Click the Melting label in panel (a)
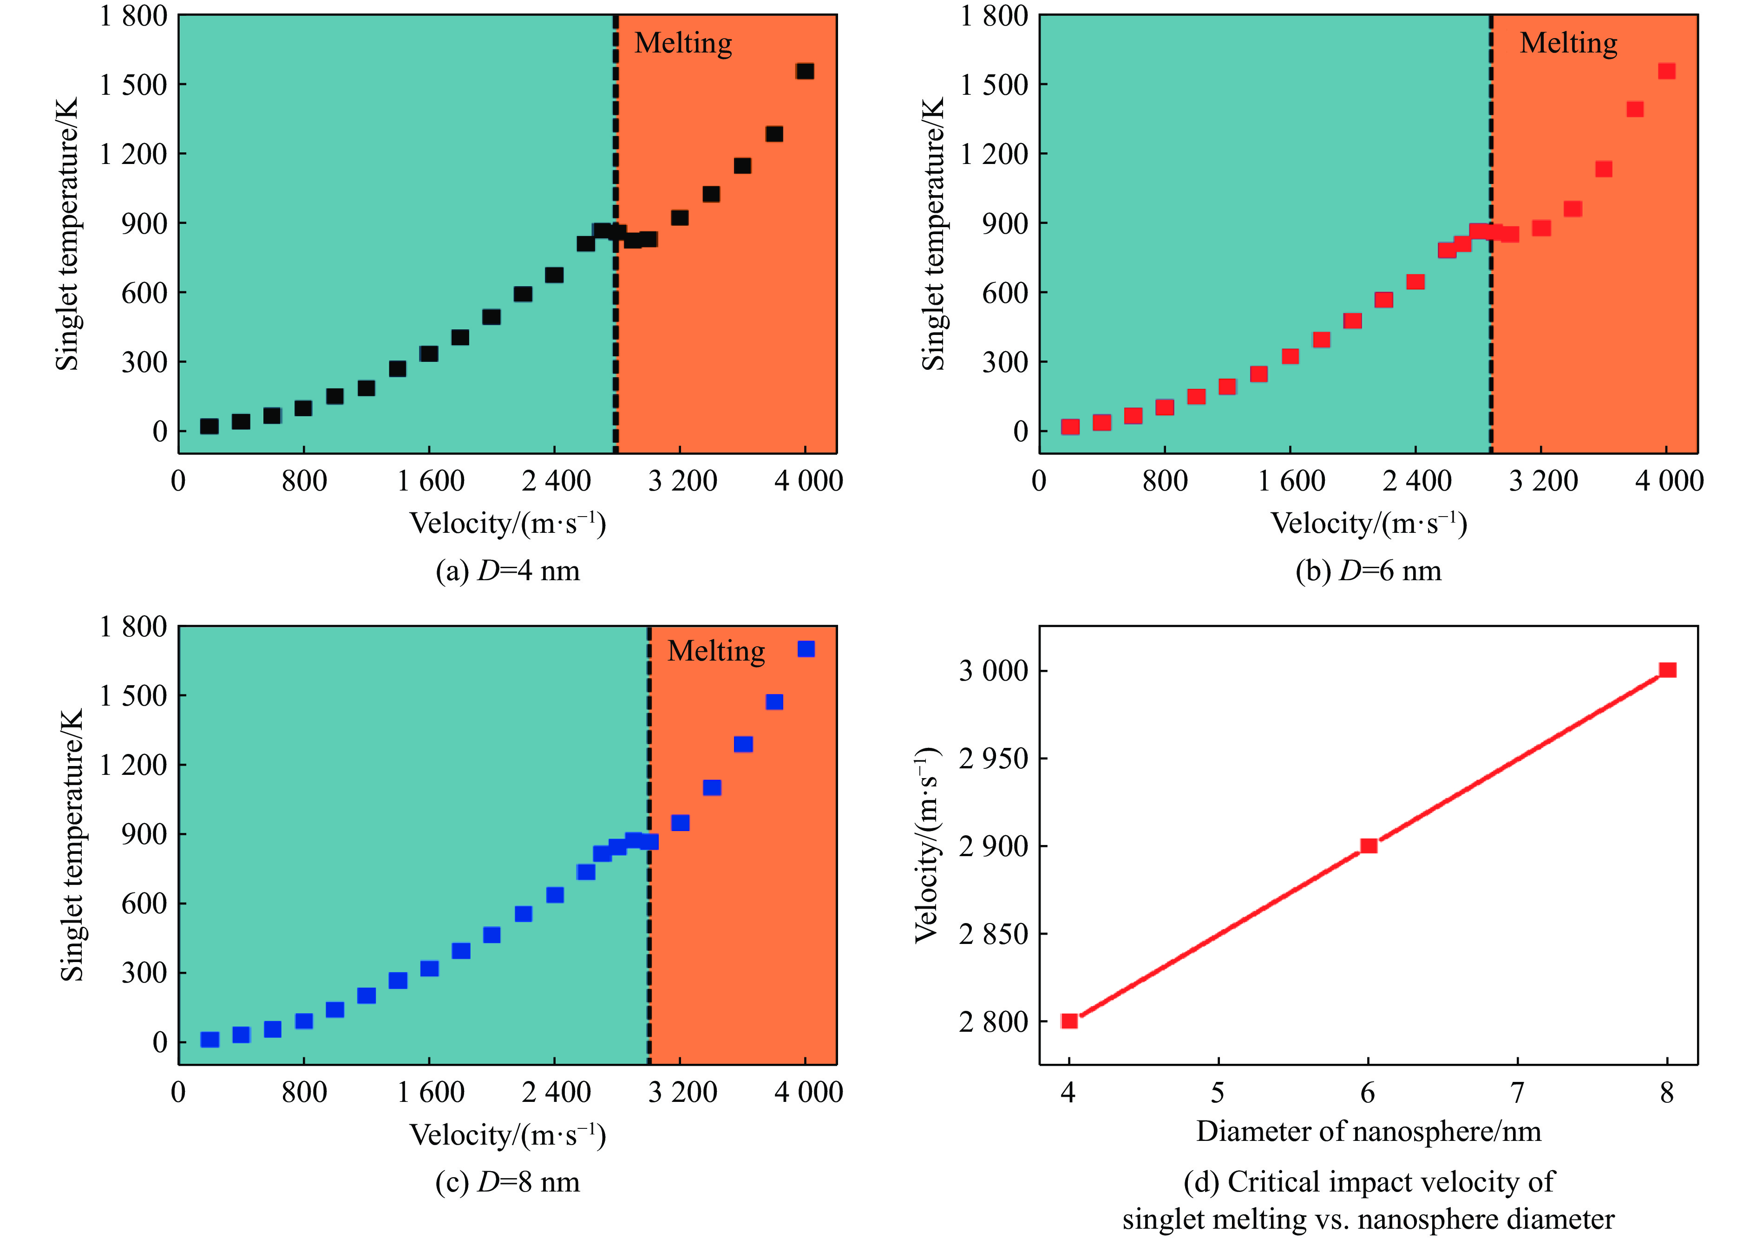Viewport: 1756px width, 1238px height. pos(683,44)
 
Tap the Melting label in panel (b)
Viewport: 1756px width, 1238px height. pos(1568,44)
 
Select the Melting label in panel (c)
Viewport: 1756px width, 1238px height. pos(716,651)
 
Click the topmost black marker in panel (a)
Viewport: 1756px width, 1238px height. pos(805,71)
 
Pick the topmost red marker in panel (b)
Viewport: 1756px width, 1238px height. pos(1666,71)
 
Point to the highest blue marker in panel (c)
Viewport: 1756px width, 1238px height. pos(806,649)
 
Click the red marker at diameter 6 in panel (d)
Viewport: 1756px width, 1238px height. pos(1368,846)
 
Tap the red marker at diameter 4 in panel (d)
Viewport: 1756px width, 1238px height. pos(1069,1021)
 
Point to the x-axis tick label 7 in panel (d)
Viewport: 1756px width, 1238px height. pos(1517,1093)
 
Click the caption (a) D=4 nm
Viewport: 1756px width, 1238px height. pos(508,571)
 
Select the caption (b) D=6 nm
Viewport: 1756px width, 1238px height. pos(1368,571)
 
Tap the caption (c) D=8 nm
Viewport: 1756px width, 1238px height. pos(508,1182)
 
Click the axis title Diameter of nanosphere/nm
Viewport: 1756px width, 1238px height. pos(1368,1131)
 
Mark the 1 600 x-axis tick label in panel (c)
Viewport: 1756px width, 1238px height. pos(431,1092)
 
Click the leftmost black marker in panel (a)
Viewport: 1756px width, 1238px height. pos(209,426)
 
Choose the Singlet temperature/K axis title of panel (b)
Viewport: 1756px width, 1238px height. pos(933,233)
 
